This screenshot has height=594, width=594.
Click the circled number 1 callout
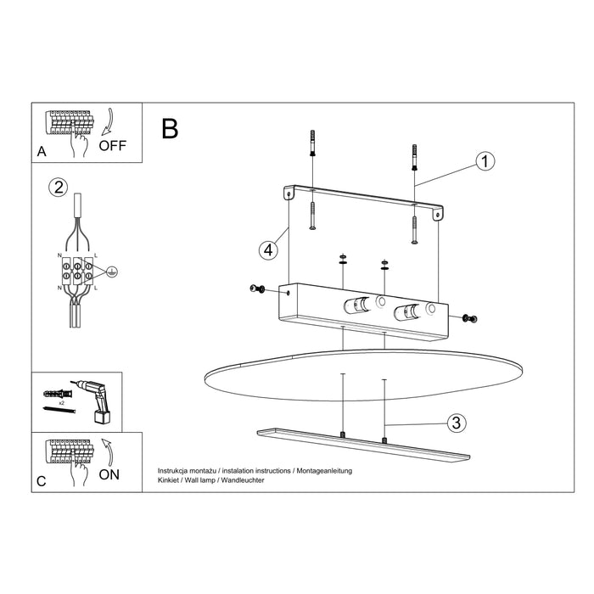485,162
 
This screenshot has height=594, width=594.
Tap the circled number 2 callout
57,188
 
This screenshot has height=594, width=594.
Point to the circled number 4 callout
267,250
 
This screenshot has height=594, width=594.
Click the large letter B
171,128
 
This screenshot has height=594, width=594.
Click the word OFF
112,145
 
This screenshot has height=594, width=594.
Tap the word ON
109,474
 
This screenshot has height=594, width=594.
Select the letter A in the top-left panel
41,154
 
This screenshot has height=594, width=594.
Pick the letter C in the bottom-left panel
41,482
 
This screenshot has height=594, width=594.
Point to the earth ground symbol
111,272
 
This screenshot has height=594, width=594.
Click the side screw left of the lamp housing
257,290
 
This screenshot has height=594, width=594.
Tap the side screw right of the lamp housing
469,318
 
